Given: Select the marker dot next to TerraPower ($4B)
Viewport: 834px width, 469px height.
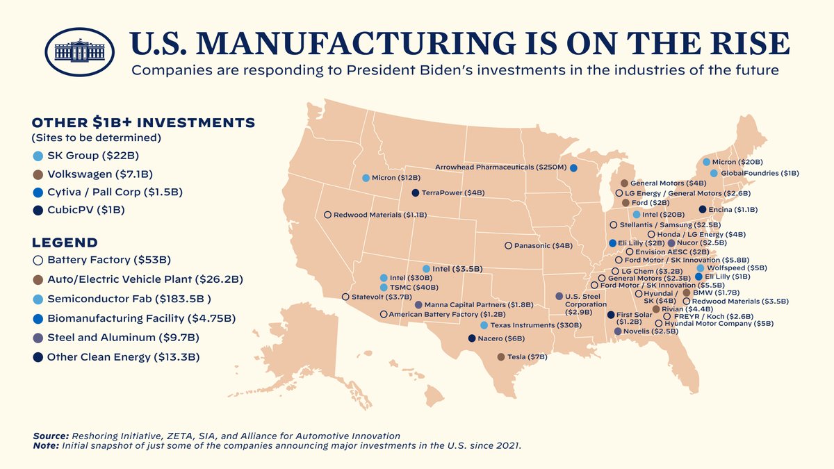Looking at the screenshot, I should [x=415, y=192].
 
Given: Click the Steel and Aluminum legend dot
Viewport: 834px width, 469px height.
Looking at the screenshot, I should [x=38, y=338].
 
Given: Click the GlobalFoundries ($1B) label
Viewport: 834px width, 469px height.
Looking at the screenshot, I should [x=760, y=172].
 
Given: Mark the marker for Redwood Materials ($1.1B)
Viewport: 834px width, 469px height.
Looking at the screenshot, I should [x=327, y=215].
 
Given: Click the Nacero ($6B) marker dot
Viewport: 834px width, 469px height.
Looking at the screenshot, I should [x=472, y=338].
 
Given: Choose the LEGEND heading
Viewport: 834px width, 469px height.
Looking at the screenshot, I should [x=65, y=242].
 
